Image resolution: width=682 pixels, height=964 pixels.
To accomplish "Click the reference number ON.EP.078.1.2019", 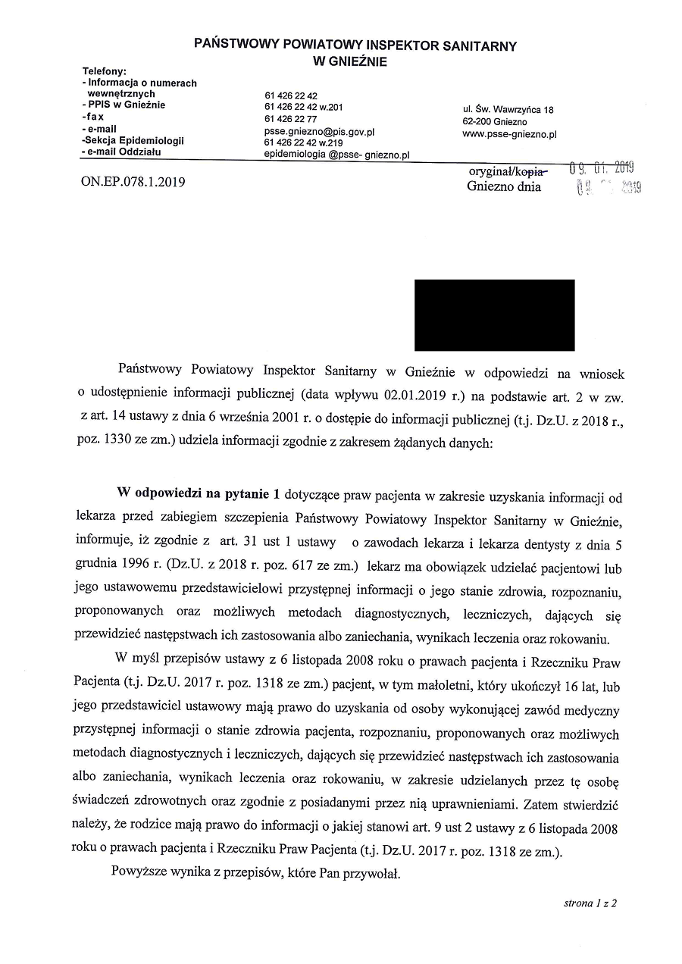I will click(x=133, y=182).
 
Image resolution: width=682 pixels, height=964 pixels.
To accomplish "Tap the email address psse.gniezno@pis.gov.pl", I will click(x=320, y=131).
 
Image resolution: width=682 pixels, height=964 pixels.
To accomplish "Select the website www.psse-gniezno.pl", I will click(x=510, y=134).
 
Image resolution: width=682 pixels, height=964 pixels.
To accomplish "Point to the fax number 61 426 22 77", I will click(x=292, y=119).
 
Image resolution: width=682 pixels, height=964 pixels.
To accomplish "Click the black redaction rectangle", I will click(x=494, y=315).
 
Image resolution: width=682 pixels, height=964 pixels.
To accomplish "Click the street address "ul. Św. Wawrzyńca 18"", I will click(x=508, y=110).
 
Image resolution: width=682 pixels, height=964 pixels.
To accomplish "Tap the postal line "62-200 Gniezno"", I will click(x=495, y=122).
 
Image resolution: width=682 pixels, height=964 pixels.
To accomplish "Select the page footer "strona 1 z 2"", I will click(x=590, y=903).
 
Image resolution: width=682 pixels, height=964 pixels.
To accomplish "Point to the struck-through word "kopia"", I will click(x=533, y=171).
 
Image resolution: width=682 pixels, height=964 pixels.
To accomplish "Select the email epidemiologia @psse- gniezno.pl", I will click(x=336, y=155).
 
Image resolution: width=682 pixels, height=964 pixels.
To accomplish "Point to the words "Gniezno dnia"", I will click(x=504, y=186).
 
